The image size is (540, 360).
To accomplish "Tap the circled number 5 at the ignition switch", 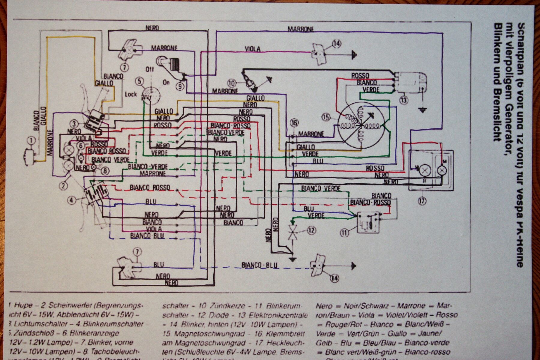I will [139, 81].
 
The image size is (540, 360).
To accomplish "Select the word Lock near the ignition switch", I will [131, 94].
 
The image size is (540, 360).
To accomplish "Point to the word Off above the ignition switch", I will [150, 69].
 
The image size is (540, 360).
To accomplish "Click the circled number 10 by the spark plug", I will [232, 82].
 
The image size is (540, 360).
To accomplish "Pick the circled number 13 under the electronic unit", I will [404, 100].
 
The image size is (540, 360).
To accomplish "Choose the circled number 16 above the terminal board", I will [295, 123].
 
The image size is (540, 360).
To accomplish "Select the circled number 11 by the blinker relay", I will [345, 232].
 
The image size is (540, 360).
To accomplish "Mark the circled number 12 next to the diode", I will [311, 230].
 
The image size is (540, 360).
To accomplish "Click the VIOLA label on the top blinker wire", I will [253, 49].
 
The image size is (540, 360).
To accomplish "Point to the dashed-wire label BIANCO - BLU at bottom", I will [259, 265].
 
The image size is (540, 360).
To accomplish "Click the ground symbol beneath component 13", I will [422, 110].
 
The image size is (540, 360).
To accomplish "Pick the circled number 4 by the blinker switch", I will [71, 200].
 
